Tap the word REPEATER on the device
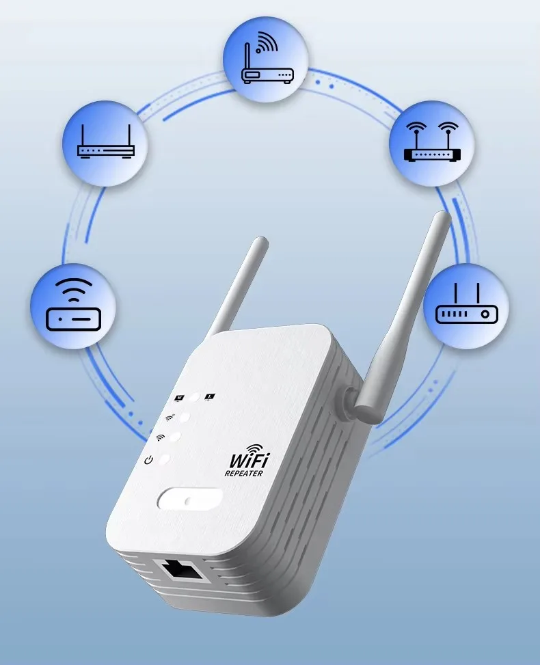pyautogui.click(x=244, y=474)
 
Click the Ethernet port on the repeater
pyautogui.click(x=181, y=571)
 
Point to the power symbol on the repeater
pyautogui.click(x=148, y=460)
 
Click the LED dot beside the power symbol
pyautogui.click(x=164, y=459)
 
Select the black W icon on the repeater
pyautogui.click(x=180, y=398)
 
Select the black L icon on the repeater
pyautogui.click(x=210, y=397)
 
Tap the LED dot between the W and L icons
pyautogui.click(x=195, y=397)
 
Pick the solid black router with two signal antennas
pyautogui.click(x=432, y=141)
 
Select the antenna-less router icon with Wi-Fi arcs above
pyautogui.click(x=74, y=305)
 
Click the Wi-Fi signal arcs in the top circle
pyautogui.click(x=268, y=42)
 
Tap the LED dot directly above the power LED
pyautogui.click(x=174, y=437)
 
